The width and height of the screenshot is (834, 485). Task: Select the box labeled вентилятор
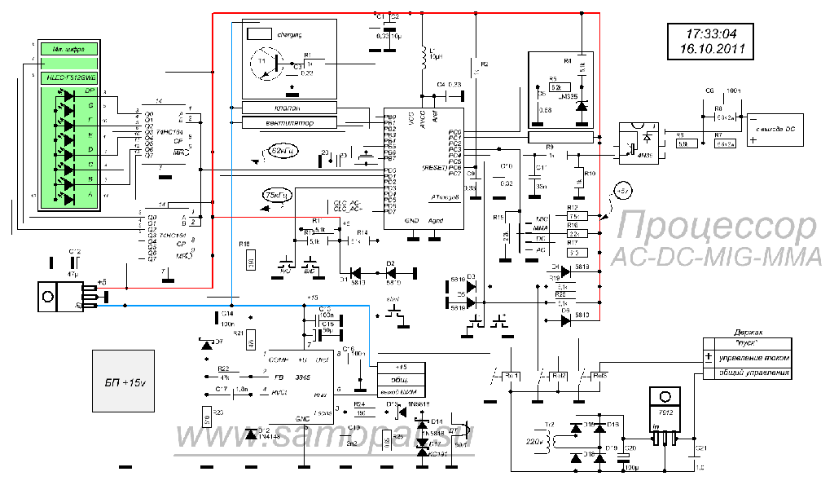[x=289, y=122]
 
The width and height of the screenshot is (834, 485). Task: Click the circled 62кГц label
[x=282, y=151]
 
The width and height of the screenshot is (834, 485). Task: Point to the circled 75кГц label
[x=276, y=196]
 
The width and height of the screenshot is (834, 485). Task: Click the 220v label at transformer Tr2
[x=533, y=441]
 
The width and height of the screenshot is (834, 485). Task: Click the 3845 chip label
[x=303, y=378]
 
